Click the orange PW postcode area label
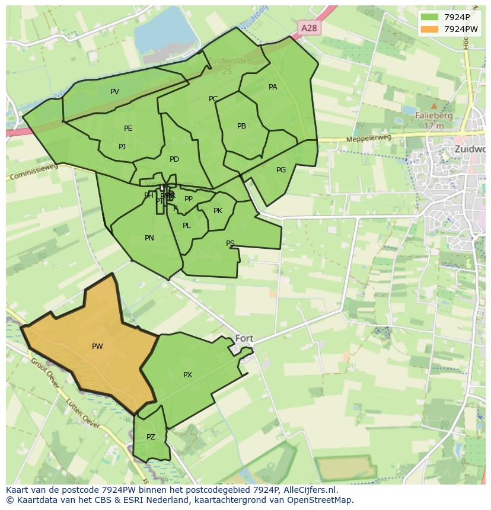97,347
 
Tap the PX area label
187,375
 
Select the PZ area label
151,437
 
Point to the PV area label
114,92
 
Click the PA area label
273,87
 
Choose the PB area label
241,126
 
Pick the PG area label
281,170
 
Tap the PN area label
149,238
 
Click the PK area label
218,211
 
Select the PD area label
174,159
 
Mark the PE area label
128,129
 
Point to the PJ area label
122,147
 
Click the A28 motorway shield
309,28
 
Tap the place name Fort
244,339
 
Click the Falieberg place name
434,116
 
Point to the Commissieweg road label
33,172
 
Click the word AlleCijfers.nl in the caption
310,490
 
